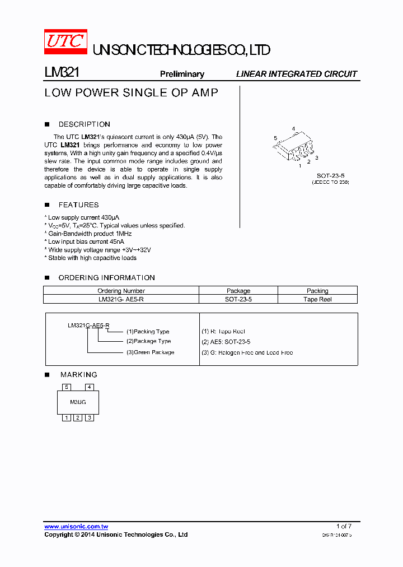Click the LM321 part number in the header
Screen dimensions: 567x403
pos(62,73)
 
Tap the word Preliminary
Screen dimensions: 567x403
pos(182,74)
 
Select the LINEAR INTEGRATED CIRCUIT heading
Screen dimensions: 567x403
pos(296,74)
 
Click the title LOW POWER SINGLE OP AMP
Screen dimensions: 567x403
pos(131,93)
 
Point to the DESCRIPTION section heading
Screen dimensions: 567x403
pos(84,124)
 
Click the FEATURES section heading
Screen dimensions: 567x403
pos(78,205)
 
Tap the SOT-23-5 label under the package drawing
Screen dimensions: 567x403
pos(330,175)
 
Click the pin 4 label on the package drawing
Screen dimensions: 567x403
pos(293,129)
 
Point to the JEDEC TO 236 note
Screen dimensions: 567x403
pos(330,183)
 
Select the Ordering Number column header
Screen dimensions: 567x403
pos(121,291)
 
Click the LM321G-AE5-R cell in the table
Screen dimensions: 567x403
pos(121,299)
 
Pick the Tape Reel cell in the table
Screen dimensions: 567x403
pos(317,299)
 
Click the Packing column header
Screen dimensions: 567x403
pos(317,291)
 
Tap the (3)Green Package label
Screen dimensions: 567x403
pos(150,352)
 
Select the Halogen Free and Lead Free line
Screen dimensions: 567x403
pos(247,352)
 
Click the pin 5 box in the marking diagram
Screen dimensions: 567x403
pos(67,387)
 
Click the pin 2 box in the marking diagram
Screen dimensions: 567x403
pos(78,417)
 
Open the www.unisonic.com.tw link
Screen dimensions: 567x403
pos(76,527)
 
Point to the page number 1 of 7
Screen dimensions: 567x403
pos(344,526)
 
